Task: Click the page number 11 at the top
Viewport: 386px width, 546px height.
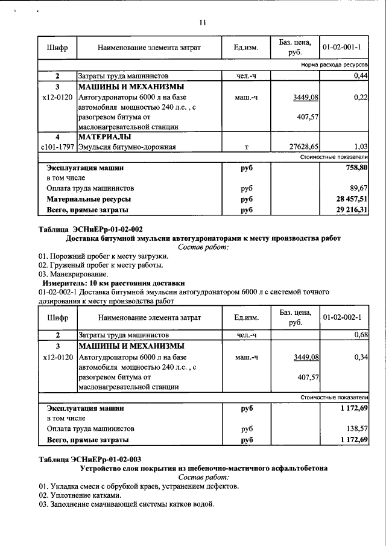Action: pos(203,23)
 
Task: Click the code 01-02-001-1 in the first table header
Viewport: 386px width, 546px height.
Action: pos(341,46)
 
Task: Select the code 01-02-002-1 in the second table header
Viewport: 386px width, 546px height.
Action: pos(341,317)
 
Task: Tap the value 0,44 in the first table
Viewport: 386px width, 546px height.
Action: pos(361,76)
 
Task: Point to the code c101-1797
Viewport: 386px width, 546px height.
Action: pos(57,147)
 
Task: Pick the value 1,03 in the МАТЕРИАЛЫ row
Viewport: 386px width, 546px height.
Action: pos(361,147)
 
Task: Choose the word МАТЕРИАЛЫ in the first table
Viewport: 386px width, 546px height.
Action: pos(105,136)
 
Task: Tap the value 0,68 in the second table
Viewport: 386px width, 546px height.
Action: pos(361,335)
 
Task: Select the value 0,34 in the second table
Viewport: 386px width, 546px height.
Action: pos(361,357)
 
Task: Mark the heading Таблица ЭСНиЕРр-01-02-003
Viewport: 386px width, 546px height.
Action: pos(90,459)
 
